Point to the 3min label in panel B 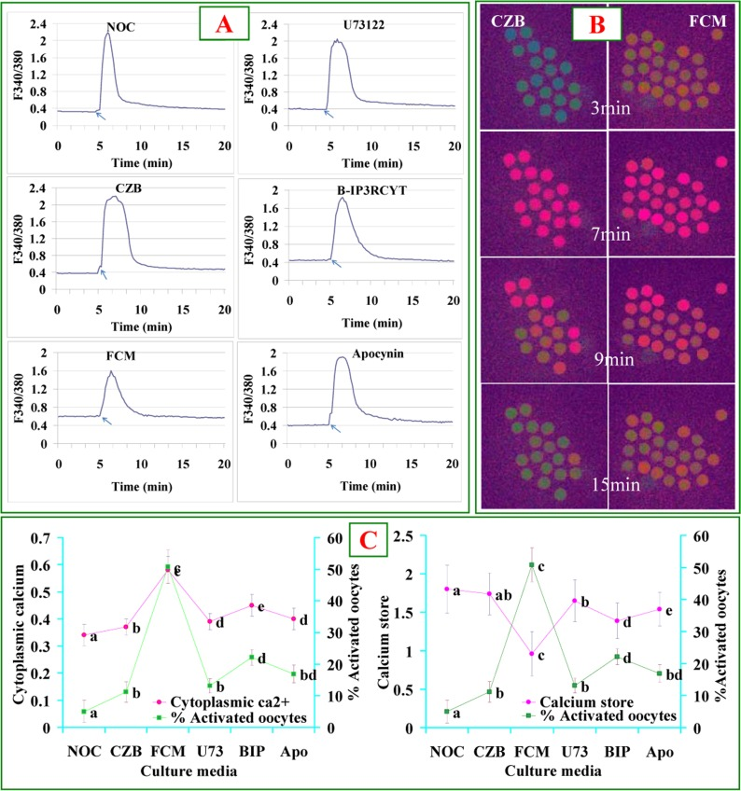tap(608, 108)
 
